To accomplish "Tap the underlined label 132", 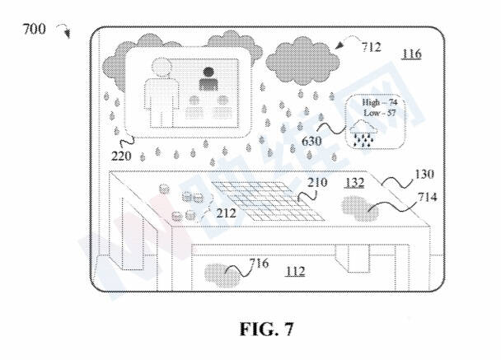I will (356, 181).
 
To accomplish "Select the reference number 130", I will (426, 174).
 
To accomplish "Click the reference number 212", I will (227, 213).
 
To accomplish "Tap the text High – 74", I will (375, 101).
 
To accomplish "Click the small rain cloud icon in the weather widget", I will (363, 131).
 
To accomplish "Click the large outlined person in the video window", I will (161, 91).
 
